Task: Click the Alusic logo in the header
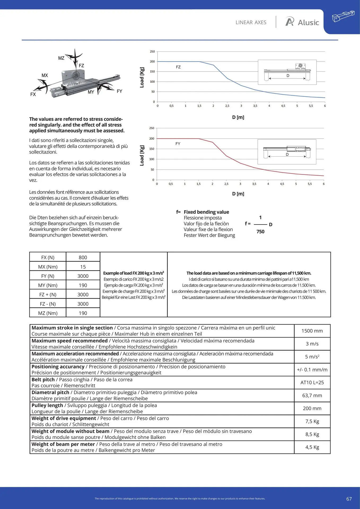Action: (302, 22)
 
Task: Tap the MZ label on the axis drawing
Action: (61, 58)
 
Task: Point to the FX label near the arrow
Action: (33, 94)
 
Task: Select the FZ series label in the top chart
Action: (178, 67)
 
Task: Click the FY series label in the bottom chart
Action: (178, 144)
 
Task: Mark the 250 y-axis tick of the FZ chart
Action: (152, 52)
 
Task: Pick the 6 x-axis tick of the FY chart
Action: (323, 184)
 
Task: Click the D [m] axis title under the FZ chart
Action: (238, 117)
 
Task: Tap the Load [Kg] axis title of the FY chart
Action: (142, 156)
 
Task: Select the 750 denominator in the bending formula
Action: (260, 232)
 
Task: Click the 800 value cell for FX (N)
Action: (83, 257)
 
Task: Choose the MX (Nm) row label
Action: (48, 267)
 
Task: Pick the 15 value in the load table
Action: (83, 267)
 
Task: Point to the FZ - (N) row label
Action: (48, 304)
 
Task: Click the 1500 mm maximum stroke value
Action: (312, 331)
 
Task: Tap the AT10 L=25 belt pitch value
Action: (312, 383)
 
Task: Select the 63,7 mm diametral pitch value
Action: (312, 396)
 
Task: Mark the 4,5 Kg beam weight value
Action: (312, 447)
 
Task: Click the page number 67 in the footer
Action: (349, 499)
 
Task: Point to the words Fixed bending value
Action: (206, 212)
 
